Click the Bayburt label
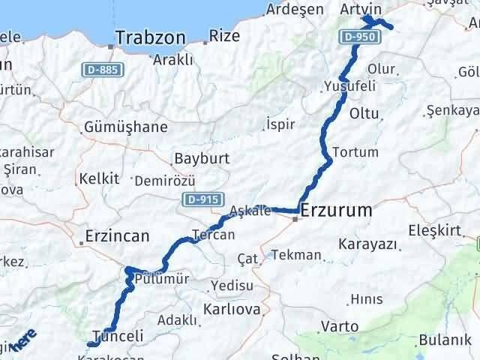point(202,159)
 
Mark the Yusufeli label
point(349,86)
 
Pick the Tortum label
point(355,151)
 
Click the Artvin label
point(361,8)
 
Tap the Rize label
point(224,35)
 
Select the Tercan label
point(213,235)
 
